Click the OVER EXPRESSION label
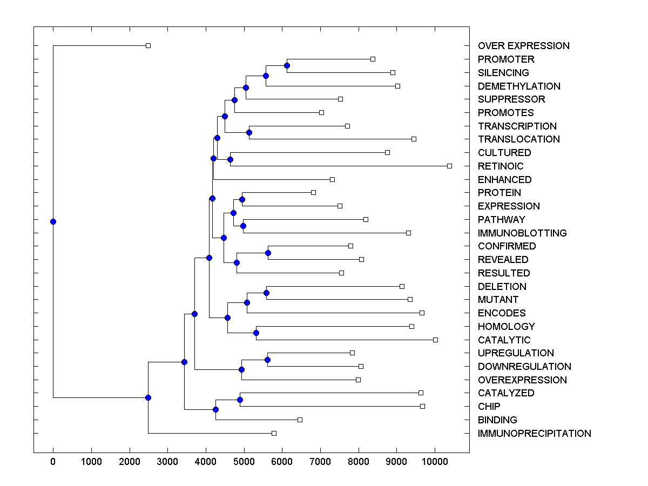(523, 46)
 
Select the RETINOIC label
(501, 166)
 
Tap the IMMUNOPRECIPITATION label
(534, 434)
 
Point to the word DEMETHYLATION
(519, 86)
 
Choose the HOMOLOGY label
(506, 327)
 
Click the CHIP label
(489, 407)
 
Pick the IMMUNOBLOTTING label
(522, 233)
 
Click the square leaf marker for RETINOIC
(449, 166)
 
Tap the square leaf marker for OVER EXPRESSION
(148, 46)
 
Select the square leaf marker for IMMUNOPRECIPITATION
(274, 433)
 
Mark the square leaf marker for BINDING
(300, 420)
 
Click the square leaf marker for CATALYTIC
(435, 340)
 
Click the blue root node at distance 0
(53, 221)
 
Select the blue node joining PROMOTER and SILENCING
(287, 66)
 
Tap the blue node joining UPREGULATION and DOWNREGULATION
(267, 360)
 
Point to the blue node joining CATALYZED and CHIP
(240, 400)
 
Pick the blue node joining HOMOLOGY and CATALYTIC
(256, 333)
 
